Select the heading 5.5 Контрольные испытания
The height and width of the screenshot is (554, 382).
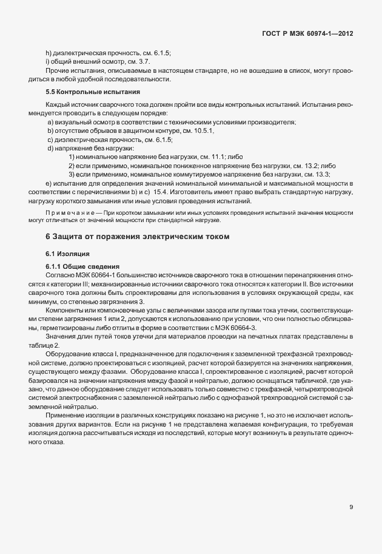click(x=92, y=92)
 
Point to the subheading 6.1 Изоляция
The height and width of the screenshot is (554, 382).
click(x=67, y=254)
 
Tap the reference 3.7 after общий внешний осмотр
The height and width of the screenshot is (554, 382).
click(x=145, y=61)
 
